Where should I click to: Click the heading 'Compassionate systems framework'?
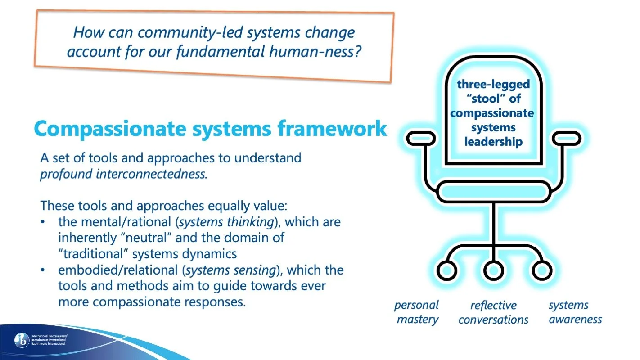pos(210,128)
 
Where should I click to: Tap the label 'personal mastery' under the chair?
pos(417,312)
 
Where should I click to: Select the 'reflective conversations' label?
pos(493,313)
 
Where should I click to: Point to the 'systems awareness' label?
pos(575,312)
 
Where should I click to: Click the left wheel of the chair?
pos(447,270)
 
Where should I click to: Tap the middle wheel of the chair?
pos(493,270)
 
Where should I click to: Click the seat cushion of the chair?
pos(493,191)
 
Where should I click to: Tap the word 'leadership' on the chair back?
pos(493,142)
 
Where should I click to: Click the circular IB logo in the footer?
pos(21,340)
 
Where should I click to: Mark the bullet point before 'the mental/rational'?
pos(43,223)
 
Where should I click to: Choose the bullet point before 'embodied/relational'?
pos(43,271)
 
